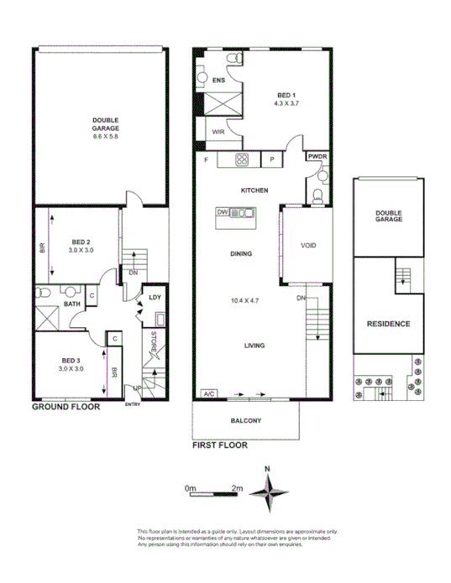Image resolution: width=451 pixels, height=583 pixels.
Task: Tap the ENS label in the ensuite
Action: (x=218, y=81)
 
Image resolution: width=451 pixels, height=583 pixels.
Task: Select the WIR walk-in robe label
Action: (x=217, y=133)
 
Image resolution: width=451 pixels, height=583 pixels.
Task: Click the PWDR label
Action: (x=317, y=157)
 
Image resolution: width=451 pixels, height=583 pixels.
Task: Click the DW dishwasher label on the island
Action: (x=223, y=212)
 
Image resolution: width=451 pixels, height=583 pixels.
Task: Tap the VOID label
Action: (x=307, y=246)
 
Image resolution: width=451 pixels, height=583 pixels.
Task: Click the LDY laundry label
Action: (x=155, y=298)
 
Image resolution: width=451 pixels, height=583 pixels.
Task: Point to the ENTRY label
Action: (x=133, y=405)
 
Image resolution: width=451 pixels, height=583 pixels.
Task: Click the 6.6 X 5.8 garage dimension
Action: (x=105, y=136)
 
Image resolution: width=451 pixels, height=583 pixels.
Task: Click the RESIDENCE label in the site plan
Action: (x=387, y=324)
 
